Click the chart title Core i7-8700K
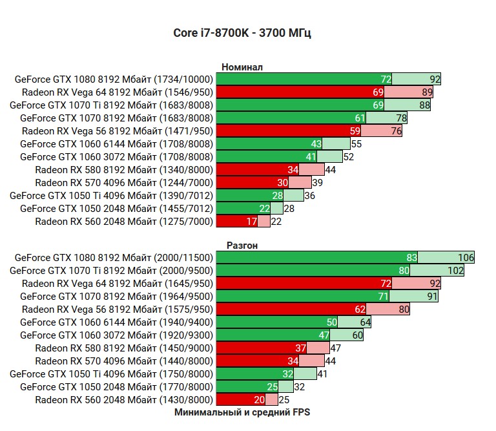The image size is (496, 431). (x=242, y=33)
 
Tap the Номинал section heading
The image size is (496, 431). (x=242, y=67)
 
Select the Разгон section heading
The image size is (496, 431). (x=242, y=245)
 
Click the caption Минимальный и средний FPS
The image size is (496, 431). (x=242, y=412)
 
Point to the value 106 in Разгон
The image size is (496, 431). (x=466, y=258)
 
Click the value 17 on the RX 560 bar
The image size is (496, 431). (x=251, y=222)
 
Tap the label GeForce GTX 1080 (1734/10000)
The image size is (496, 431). (x=114, y=79)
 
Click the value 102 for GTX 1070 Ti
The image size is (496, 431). (x=456, y=271)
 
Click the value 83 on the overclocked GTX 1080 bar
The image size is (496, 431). (x=411, y=258)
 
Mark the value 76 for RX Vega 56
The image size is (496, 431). (x=397, y=131)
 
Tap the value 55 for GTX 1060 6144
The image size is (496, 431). (x=356, y=144)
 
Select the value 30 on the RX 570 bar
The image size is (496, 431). (x=282, y=183)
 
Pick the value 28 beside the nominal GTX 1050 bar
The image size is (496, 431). (x=289, y=209)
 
